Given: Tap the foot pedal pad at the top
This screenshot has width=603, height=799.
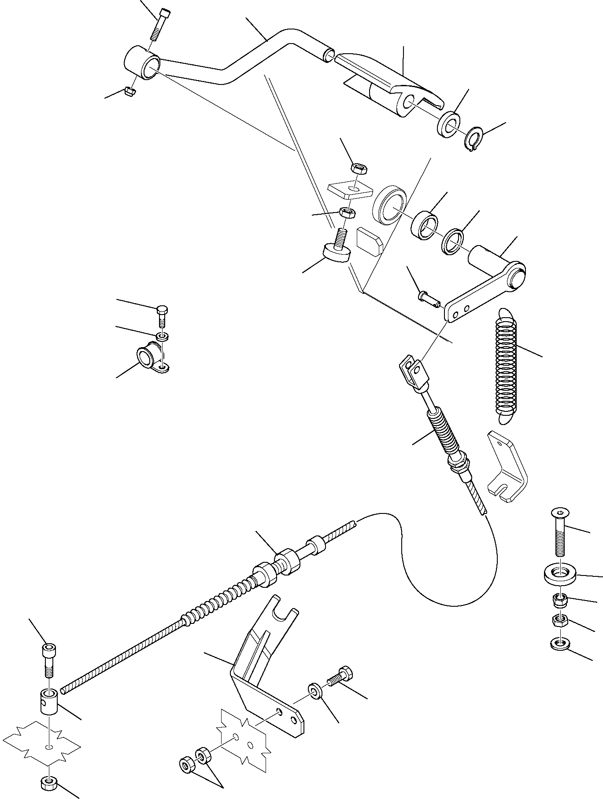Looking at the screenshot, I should point(388,81).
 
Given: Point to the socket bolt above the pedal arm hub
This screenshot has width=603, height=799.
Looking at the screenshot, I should point(159,24).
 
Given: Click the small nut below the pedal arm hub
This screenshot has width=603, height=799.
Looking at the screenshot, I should point(130,91).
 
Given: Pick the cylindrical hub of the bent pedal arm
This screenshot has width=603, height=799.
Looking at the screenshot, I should point(142,63).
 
